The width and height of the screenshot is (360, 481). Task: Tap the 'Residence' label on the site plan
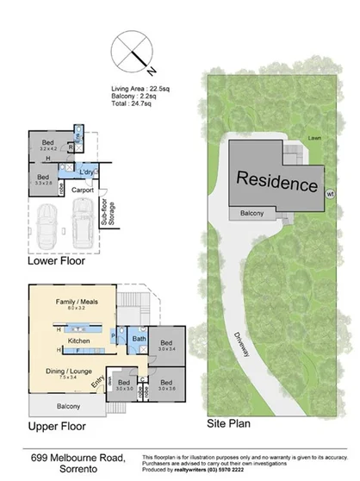click(277, 183)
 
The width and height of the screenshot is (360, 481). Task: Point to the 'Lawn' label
click(316, 136)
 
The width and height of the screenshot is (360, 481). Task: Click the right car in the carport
click(84, 220)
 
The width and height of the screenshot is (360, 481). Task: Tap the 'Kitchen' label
click(79, 340)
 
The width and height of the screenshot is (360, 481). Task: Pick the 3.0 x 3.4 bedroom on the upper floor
click(166, 343)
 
